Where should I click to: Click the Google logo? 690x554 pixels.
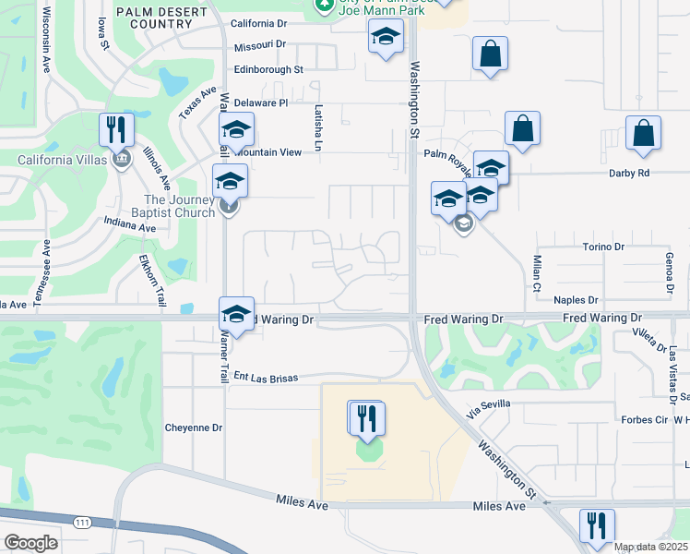pos(30,543)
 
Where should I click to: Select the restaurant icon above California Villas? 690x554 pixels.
pos(116,130)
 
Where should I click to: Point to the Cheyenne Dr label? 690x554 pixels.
pos(194,428)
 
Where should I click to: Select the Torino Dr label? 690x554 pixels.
pos(604,247)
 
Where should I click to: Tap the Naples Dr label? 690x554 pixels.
pos(576,300)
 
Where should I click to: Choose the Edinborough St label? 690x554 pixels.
pos(268,69)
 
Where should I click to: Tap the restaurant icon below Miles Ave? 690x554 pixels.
pos(597,526)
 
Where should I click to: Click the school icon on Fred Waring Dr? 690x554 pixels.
pos(236,315)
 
